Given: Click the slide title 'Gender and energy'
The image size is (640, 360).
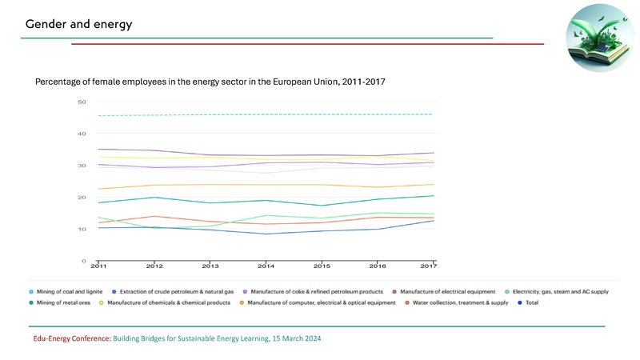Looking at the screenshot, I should point(78,24).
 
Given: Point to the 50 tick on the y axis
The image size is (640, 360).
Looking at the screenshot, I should point(82,102).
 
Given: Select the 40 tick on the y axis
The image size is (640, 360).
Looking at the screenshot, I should point(82,134).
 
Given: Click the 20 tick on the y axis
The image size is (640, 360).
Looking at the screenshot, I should point(82,198).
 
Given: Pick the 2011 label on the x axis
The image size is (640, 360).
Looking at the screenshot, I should point(98,266).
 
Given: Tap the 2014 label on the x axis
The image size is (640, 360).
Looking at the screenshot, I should point(266,266).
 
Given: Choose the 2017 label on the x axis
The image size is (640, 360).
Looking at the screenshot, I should point(428,266).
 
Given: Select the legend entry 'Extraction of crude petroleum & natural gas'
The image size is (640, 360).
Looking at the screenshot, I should point(181,291).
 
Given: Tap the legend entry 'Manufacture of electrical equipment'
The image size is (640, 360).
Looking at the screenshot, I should point(448,291).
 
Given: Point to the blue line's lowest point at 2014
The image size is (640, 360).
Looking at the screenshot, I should point(266,234).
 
